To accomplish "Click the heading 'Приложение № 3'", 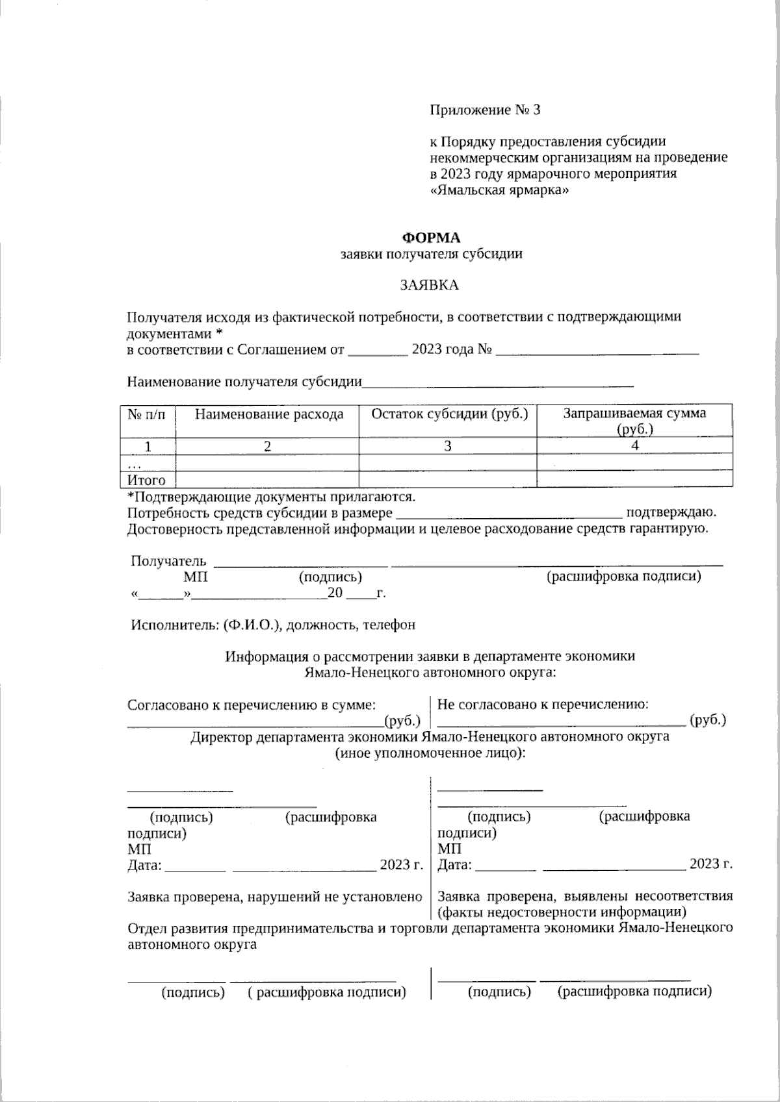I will pyautogui.click(x=485, y=110).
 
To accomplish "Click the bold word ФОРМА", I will pyautogui.click(x=431, y=238).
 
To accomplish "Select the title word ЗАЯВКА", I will pyautogui.click(x=429, y=285).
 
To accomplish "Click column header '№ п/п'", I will pyautogui.click(x=148, y=414).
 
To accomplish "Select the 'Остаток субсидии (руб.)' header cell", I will pyautogui.click(x=448, y=414).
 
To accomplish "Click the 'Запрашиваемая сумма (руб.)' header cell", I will pyautogui.click(x=634, y=420).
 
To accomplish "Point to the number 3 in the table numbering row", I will pyautogui.click(x=447, y=446).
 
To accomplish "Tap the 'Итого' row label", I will pyautogui.click(x=146, y=481).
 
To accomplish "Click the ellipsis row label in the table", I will pyautogui.click(x=134, y=463).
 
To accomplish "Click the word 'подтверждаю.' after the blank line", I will pyautogui.click(x=671, y=512).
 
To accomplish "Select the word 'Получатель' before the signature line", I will pyautogui.click(x=168, y=561).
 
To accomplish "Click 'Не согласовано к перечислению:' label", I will pyautogui.click(x=543, y=704).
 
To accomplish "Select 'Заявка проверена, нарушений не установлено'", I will pyautogui.click(x=275, y=897).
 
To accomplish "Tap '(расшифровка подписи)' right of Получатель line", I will pyautogui.click(x=624, y=577).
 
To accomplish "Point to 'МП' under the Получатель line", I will pyautogui.click(x=196, y=577).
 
